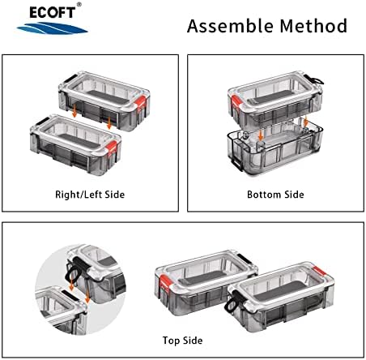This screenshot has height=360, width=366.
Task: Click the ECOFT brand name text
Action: [52, 13]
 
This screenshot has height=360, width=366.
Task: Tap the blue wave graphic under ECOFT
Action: [52, 28]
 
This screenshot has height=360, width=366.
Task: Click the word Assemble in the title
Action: [230, 26]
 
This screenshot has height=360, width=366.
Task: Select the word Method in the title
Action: [313, 26]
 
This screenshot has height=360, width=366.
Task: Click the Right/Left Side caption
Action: [90, 195]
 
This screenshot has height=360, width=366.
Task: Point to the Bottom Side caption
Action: [275, 195]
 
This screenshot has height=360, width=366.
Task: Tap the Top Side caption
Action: [182, 341]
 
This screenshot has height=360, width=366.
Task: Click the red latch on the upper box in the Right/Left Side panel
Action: [142, 103]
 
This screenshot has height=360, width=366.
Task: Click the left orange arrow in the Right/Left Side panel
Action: [74, 111]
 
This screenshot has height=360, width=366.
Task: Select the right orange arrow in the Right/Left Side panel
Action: [109, 122]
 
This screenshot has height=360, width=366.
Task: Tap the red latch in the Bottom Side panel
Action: [236, 104]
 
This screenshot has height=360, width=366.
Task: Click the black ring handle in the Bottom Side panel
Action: [317, 80]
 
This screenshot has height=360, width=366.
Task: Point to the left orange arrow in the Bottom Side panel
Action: [261, 135]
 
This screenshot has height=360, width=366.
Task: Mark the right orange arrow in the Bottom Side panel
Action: [306, 121]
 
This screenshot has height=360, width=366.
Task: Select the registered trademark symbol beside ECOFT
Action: [79, 4]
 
